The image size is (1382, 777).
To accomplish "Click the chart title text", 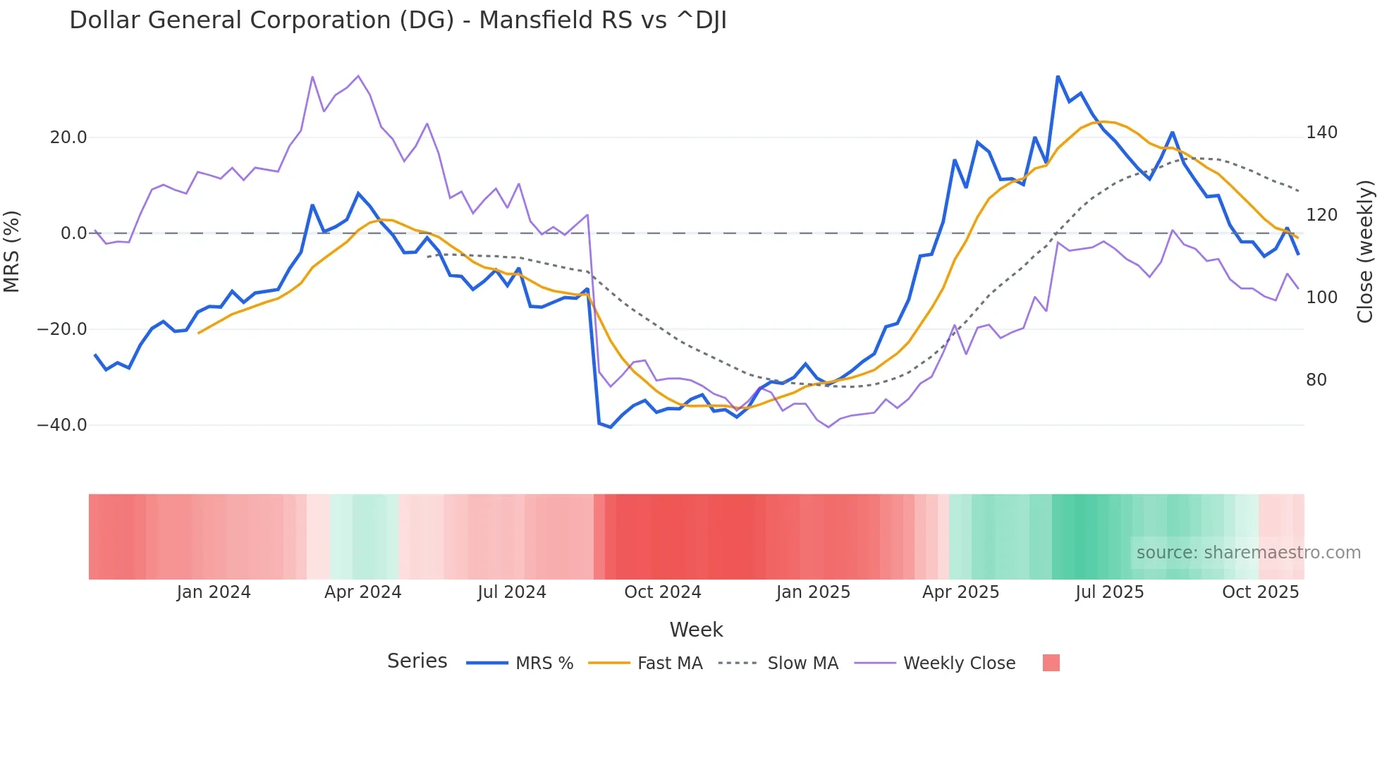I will tap(398, 20).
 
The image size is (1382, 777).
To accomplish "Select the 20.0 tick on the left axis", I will tap(68, 137).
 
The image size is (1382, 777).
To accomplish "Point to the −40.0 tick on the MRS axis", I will tap(62, 425).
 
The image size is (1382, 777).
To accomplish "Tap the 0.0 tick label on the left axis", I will tap(73, 233).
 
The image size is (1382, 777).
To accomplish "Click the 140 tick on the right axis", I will tap(1321, 133).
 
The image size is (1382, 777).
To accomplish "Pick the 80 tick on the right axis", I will tap(1316, 380).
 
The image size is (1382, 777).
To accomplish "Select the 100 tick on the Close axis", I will tap(1321, 298).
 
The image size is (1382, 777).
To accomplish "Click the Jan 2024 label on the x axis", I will tap(214, 592).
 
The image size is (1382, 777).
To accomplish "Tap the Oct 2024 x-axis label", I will tap(662, 592).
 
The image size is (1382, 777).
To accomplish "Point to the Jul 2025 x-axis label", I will tap(1109, 592).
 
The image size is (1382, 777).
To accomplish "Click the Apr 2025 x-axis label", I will tap(960, 592).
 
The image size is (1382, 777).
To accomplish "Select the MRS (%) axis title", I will tap(12, 252).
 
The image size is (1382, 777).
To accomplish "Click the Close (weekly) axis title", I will tap(1366, 252).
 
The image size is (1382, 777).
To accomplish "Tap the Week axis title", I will tap(696, 630).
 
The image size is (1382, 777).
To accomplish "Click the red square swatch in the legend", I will tap(1051, 663).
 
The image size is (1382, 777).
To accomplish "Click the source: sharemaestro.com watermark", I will tap(1248, 553).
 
